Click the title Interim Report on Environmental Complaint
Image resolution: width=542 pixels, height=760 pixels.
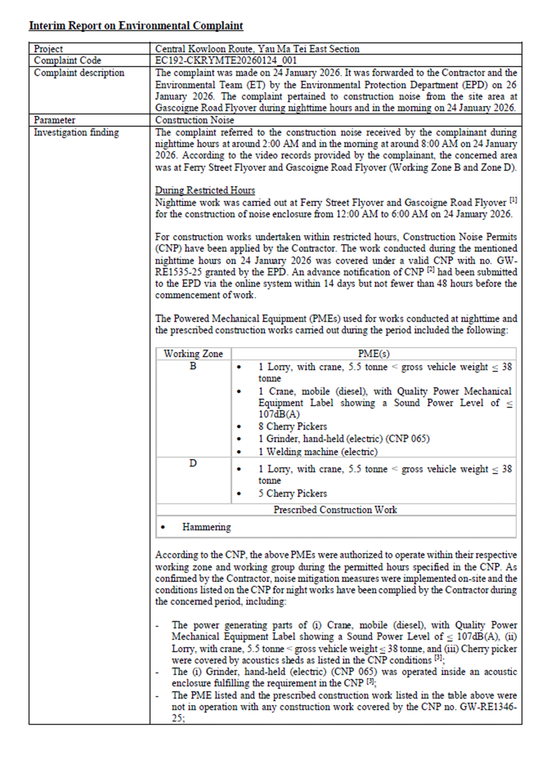tap(136, 26)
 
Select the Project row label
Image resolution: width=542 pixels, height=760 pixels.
tap(48, 49)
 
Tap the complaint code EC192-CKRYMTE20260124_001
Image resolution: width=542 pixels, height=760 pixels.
tap(226, 60)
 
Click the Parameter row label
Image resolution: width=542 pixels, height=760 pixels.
tap(54, 120)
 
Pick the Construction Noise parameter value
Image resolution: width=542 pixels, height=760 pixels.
tap(195, 120)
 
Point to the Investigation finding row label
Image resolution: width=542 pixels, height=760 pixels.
tap(76, 132)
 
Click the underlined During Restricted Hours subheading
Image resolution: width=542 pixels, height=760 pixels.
tap(205, 190)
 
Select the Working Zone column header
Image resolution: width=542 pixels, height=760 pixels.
tap(193, 354)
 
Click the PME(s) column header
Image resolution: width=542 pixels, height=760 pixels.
tap(374, 354)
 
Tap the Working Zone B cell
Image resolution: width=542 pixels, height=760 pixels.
tap(193, 366)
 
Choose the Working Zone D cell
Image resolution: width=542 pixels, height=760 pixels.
tap(193, 463)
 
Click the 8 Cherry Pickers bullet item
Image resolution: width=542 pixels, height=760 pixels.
tap(293, 427)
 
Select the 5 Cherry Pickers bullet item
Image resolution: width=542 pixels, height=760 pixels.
tap(293, 494)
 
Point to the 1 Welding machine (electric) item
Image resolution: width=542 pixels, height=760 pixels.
tap(318, 452)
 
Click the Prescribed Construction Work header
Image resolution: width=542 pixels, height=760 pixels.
tap(335, 510)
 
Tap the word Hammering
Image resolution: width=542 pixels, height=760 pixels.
tap(206, 527)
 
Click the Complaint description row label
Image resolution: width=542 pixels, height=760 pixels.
tap(79, 73)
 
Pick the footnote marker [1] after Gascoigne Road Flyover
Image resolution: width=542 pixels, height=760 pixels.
tap(513, 200)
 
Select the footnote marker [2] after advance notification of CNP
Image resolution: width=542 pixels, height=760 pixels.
tap(430, 270)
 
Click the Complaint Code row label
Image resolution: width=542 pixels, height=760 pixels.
tap(67, 60)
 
